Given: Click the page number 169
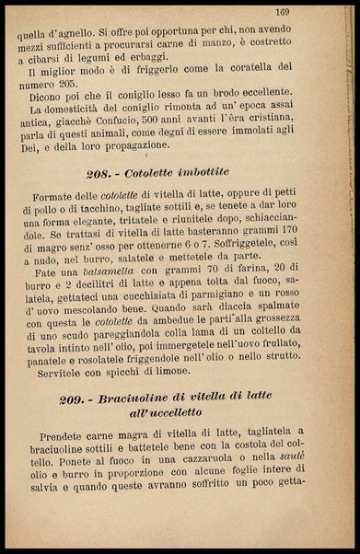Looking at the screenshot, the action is pyautogui.click(x=308, y=11).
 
